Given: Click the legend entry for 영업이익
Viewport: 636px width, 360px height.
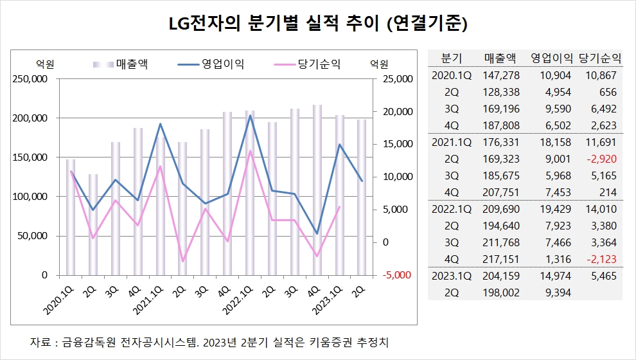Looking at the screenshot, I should [x=223, y=64].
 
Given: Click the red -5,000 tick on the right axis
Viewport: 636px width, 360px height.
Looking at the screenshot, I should [x=394, y=274].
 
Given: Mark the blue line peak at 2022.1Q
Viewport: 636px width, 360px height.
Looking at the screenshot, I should [x=250, y=116].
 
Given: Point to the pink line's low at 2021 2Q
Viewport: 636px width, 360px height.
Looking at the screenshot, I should [x=183, y=261].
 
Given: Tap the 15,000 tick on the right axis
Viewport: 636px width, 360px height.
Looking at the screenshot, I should [x=394, y=144].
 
